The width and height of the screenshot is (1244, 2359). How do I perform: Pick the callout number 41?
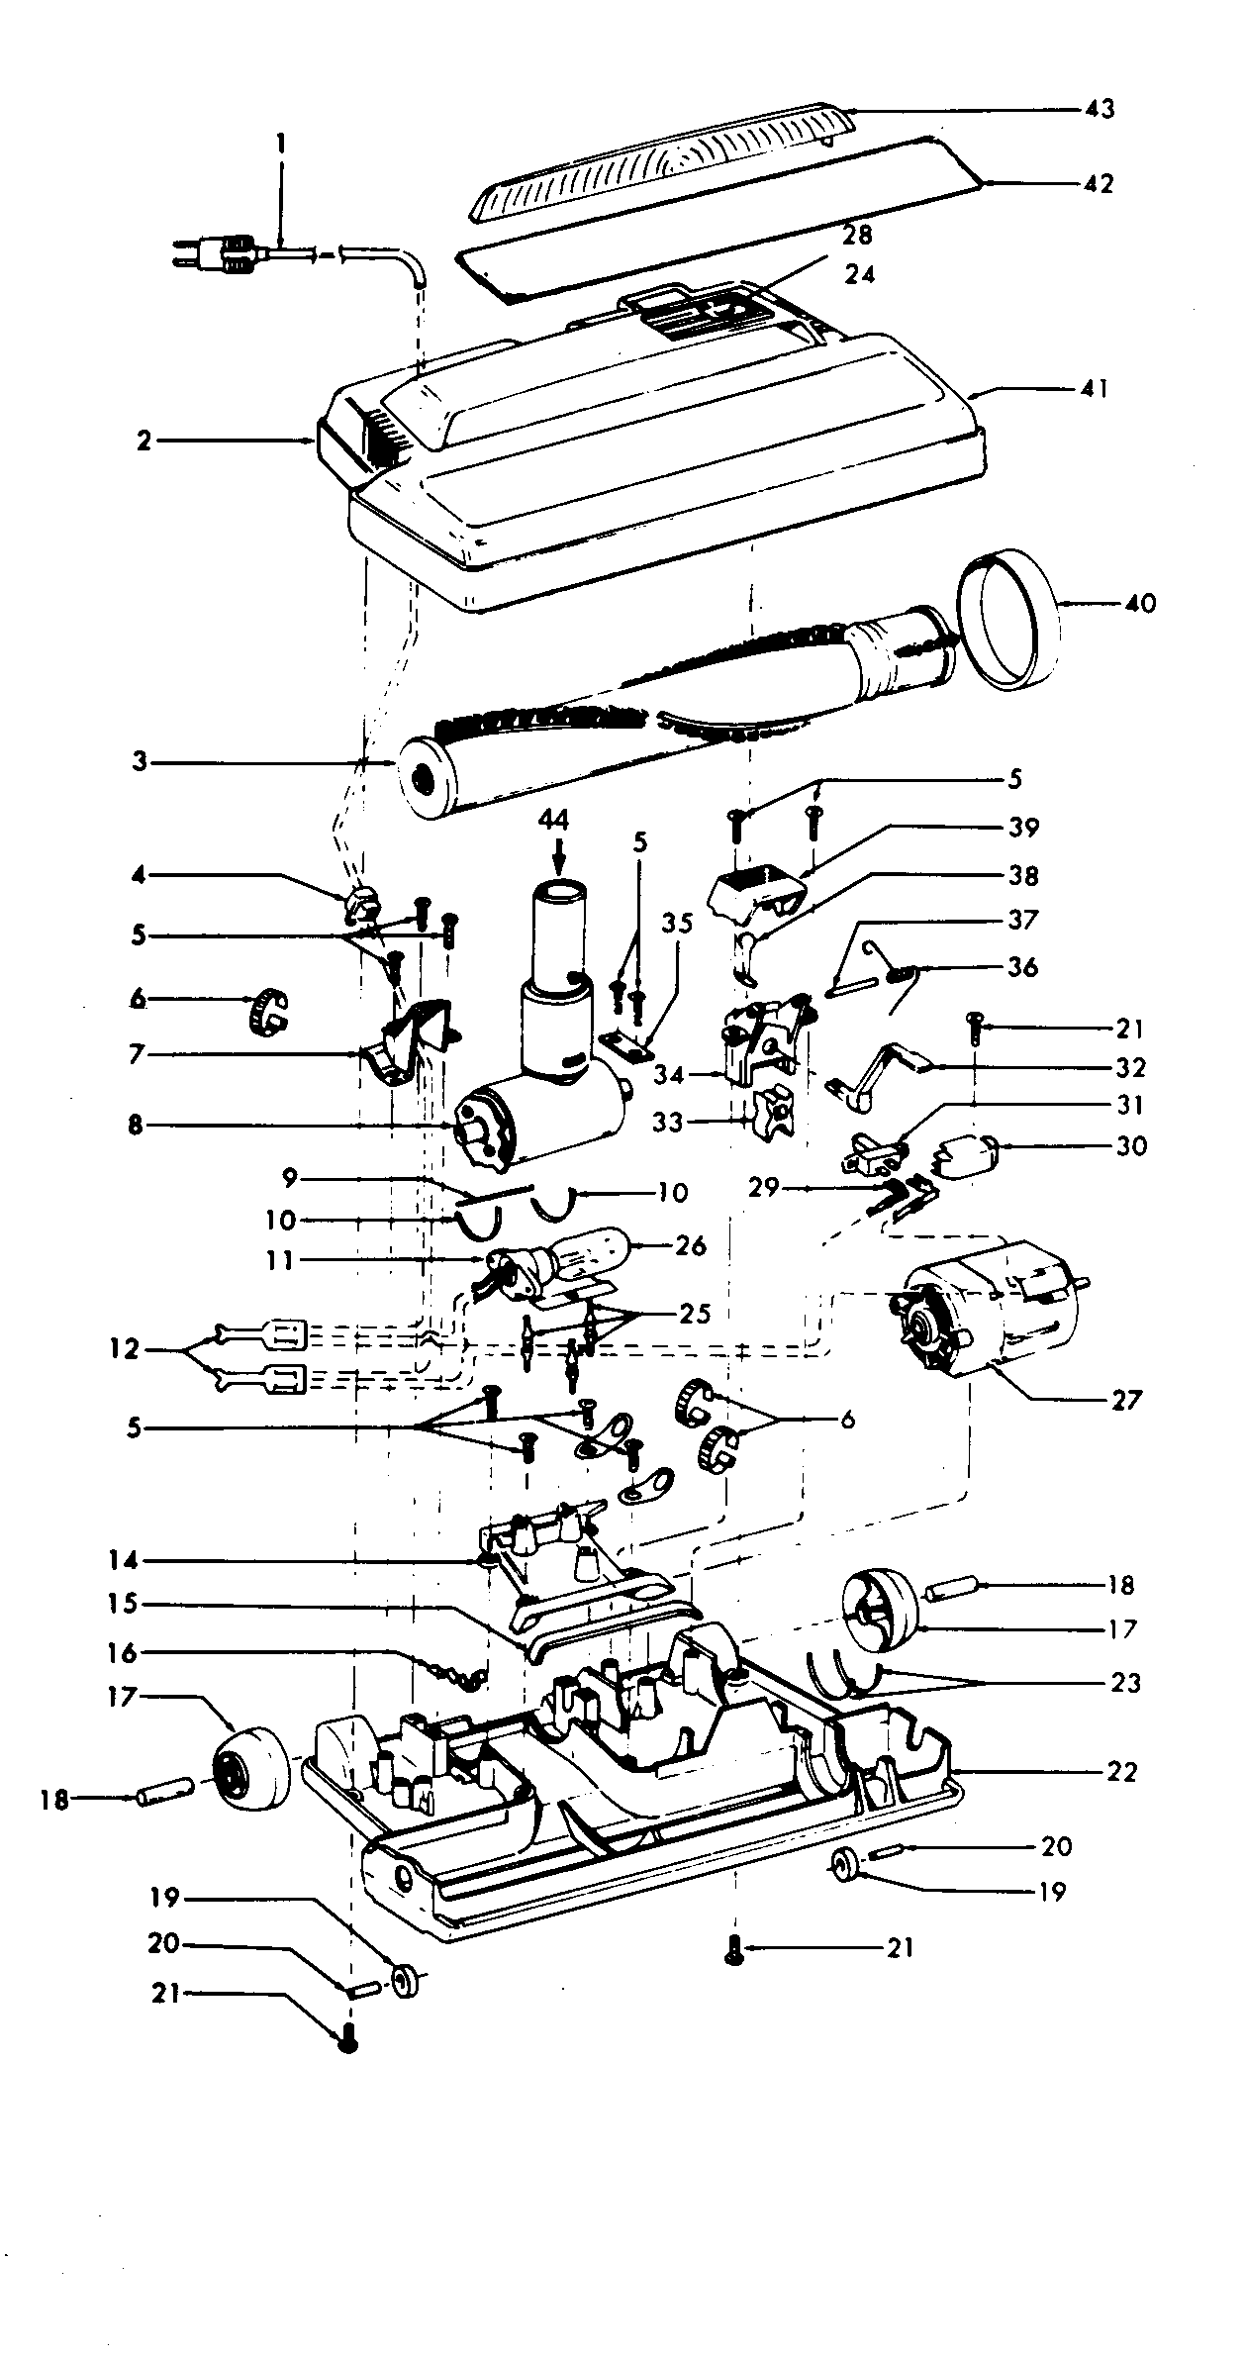point(1096,388)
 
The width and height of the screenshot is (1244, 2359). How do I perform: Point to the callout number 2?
point(144,442)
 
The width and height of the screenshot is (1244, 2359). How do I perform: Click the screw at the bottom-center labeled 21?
point(733,1948)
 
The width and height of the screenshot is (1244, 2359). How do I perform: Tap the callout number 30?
point(1131,1145)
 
